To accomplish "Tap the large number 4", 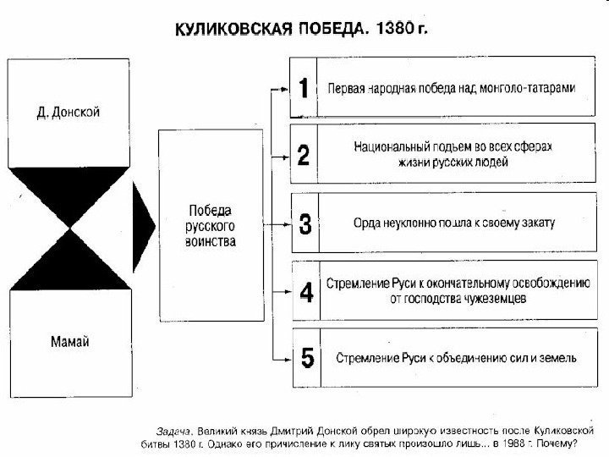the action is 306,293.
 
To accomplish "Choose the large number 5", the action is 306,358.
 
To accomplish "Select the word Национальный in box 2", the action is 390,148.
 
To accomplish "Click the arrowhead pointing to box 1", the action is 284,87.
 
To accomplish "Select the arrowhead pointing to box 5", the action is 284,358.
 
